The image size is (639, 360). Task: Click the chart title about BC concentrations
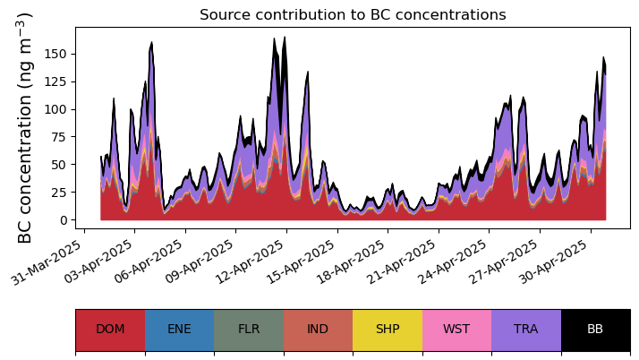[353, 15]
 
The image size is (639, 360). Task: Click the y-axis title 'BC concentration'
[25, 127]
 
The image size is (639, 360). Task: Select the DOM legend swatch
[110, 330]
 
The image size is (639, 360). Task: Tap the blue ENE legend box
[179, 330]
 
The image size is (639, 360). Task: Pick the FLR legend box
[249, 330]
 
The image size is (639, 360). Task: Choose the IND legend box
[318, 330]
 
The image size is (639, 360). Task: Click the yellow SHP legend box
[388, 330]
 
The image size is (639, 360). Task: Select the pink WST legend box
[456, 330]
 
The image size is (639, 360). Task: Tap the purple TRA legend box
[526, 330]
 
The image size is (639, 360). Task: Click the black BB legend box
[595, 330]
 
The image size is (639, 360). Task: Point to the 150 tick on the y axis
[55, 54]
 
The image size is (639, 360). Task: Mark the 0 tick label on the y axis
[64, 220]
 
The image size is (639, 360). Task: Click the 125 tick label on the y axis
[55, 81]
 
